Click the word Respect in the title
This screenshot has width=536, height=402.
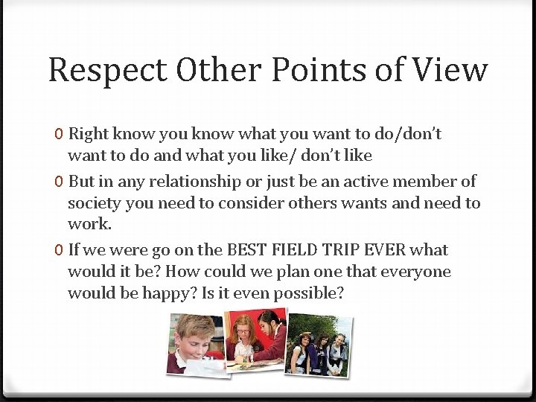107,70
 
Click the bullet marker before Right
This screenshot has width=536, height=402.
59,135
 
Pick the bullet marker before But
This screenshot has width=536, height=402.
59,182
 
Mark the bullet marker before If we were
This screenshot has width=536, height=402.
59,250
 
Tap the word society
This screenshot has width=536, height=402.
94,203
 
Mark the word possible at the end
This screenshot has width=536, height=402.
309,293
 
